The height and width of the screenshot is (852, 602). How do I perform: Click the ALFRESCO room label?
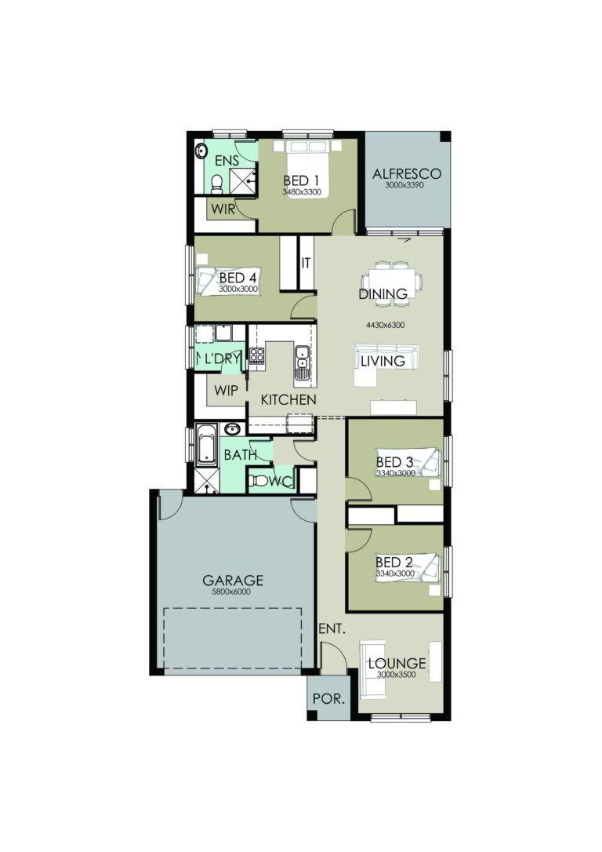click(407, 173)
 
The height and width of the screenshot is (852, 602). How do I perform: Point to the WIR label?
click(223, 209)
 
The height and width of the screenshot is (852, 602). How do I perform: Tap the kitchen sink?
click(302, 363)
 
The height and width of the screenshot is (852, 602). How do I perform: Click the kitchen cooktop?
click(256, 357)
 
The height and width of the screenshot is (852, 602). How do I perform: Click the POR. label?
click(328, 697)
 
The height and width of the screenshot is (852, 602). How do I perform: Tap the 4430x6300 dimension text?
click(384, 324)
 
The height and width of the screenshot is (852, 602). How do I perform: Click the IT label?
click(306, 263)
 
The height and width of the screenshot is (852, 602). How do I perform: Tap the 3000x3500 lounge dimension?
click(397, 675)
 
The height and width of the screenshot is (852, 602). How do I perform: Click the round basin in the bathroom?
click(232, 428)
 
